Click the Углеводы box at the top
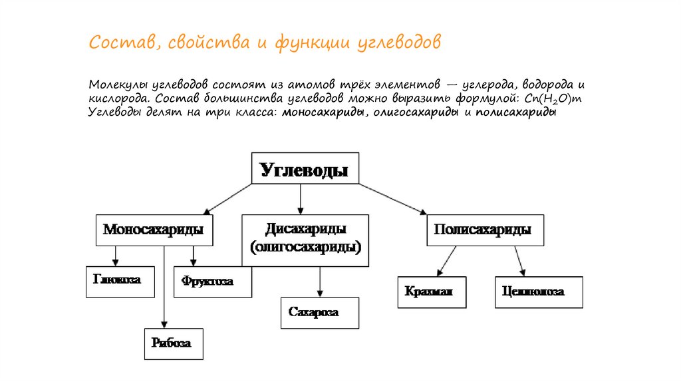point(304,169)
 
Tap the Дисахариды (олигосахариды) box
point(305,240)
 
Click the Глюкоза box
point(117,281)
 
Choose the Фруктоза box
point(213,282)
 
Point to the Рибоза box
point(173,344)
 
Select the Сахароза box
point(319,313)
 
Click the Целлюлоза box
point(539,292)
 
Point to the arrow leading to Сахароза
point(320,282)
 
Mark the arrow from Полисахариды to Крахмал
point(447,260)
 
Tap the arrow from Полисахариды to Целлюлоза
point(519,260)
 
